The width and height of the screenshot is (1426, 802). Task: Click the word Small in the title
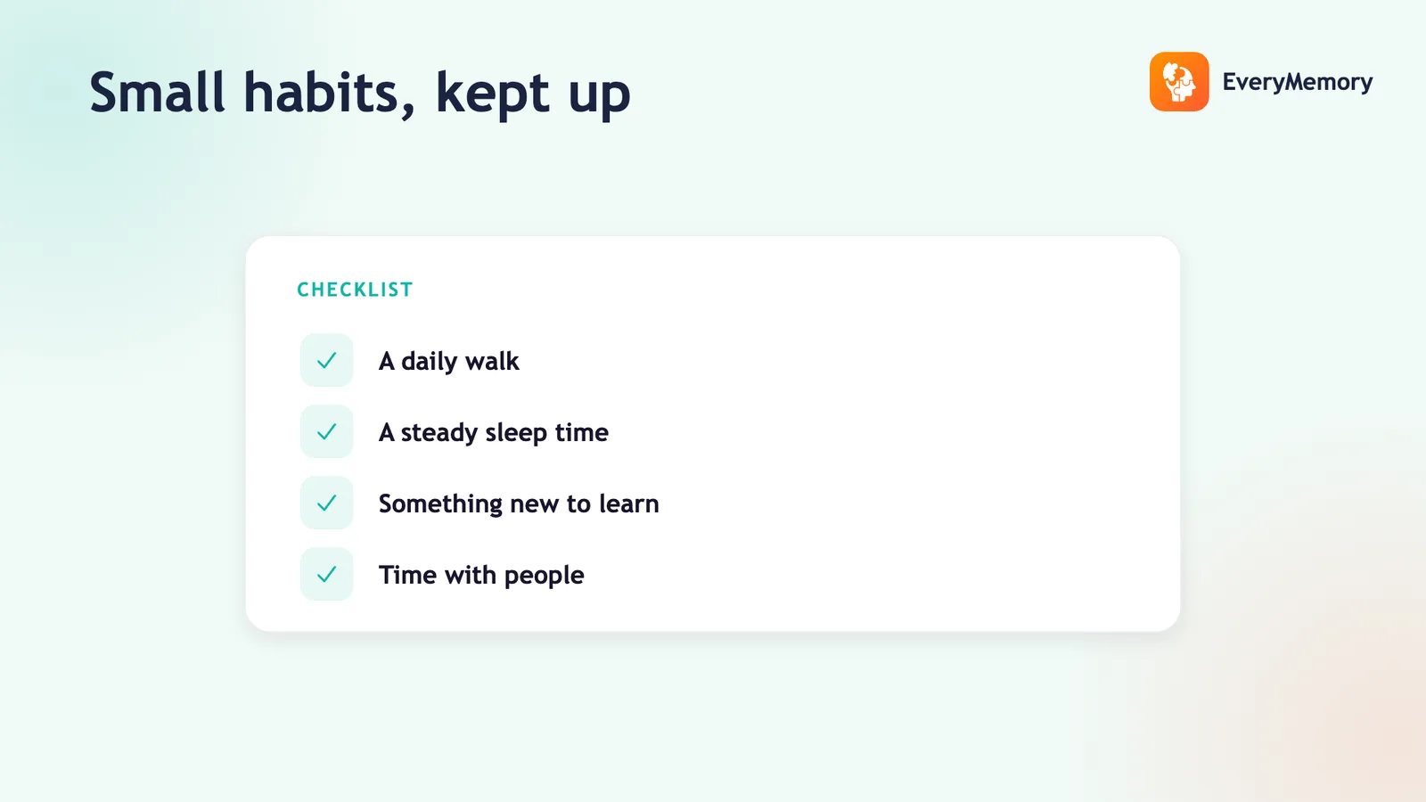tap(157, 93)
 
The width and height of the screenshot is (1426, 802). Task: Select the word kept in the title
tap(492, 94)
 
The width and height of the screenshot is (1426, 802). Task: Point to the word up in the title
tap(599, 99)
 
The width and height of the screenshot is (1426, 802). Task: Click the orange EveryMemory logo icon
tap(1179, 81)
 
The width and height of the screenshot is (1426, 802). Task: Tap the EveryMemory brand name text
tap(1298, 82)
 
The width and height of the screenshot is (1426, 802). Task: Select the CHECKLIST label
tap(356, 290)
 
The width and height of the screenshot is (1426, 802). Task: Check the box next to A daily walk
tap(326, 360)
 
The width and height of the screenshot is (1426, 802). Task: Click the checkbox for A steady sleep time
tap(326, 431)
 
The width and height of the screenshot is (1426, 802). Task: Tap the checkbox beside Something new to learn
tap(326, 503)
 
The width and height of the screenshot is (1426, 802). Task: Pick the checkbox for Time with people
tap(326, 574)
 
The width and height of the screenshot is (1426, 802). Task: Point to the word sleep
tap(516, 433)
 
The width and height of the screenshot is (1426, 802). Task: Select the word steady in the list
tap(439, 433)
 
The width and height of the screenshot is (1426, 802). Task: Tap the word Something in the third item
tap(440, 504)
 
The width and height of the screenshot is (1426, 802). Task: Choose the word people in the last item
tap(544, 576)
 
